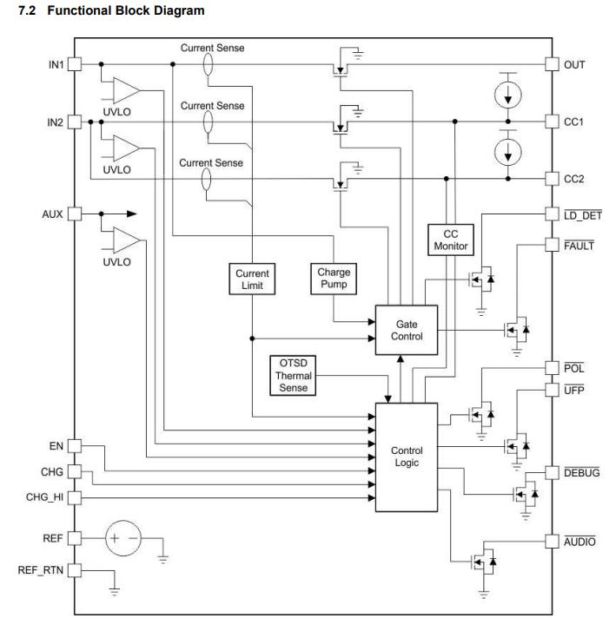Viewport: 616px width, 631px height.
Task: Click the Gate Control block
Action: (x=406, y=330)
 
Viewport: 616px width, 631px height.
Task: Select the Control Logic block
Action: (x=406, y=457)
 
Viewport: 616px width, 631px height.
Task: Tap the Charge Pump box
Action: (x=334, y=279)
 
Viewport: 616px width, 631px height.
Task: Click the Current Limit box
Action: (x=252, y=279)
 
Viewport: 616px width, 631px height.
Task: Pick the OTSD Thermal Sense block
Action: (x=293, y=376)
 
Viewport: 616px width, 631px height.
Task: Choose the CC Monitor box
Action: (x=450, y=240)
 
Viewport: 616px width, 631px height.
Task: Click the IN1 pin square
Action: (x=75, y=64)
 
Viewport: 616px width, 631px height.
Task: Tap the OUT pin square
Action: (x=552, y=64)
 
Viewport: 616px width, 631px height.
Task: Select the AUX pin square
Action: (x=75, y=214)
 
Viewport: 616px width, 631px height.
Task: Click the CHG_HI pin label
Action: (x=44, y=497)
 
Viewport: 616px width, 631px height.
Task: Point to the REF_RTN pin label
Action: (x=41, y=570)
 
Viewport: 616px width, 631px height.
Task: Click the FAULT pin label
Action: (x=579, y=246)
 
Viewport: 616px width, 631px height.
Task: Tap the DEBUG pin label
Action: (x=582, y=472)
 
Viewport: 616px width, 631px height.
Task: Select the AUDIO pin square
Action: (x=552, y=542)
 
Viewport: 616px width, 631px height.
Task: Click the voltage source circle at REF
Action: (x=123, y=538)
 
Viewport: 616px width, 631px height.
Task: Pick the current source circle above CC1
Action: (x=508, y=95)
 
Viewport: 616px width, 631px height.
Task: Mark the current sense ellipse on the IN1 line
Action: (x=208, y=64)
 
